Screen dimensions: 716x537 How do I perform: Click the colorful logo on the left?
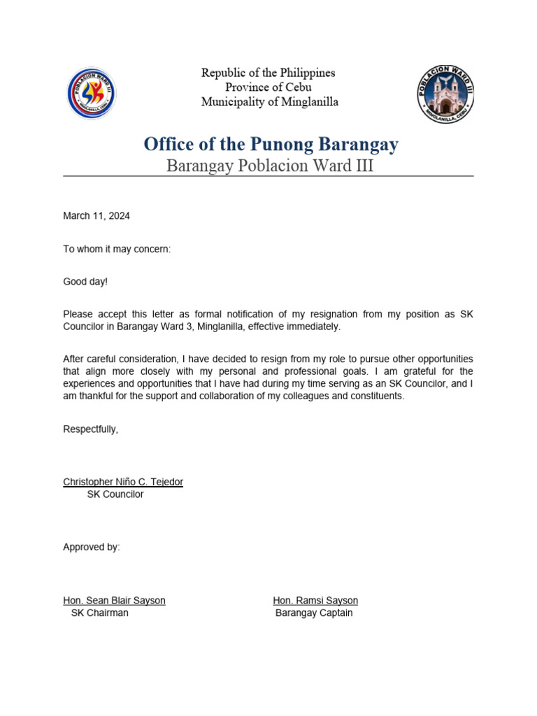point(92,94)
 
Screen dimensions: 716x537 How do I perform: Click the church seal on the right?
point(445,94)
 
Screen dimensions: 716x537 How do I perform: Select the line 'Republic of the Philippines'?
point(268,73)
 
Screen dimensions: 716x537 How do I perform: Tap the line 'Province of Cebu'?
point(268,87)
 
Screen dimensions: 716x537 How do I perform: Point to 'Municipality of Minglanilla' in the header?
point(269,102)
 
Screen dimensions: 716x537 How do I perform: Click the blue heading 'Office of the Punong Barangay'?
point(271,145)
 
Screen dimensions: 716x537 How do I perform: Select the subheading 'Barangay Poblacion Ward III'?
point(269,166)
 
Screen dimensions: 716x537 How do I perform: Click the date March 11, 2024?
point(96,216)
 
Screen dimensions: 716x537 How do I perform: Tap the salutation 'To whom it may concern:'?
point(117,250)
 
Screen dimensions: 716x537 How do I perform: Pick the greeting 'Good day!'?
point(85,282)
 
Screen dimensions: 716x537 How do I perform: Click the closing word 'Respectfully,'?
point(91,429)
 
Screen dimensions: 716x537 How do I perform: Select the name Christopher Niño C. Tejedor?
point(123,482)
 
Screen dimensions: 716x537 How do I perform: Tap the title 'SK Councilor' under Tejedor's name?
point(115,494)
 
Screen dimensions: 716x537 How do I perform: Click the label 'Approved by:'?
point(92,547)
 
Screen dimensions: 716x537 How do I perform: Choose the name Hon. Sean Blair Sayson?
point(114,601)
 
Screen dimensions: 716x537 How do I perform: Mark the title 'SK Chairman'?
point(99,613)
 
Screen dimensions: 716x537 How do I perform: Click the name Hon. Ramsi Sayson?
point(315,601)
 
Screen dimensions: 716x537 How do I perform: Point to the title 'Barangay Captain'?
point(314,613)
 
